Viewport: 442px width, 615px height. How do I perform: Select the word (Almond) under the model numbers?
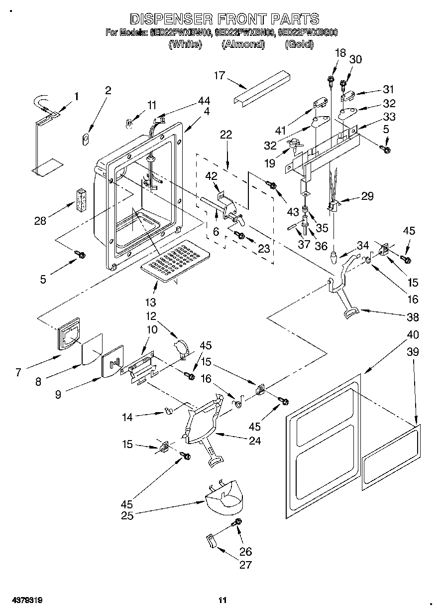point(242,44)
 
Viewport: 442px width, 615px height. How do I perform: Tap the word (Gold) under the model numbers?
point(299,44)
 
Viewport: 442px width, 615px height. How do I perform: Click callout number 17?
point(220,76)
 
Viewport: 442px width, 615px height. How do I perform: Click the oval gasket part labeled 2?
point(86,138)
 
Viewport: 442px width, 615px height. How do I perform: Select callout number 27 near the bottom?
point(245,565)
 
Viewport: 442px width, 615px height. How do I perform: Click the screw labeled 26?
point(237,522)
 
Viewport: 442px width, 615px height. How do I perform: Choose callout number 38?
point(413,317)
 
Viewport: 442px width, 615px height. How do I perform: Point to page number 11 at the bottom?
point(222,601)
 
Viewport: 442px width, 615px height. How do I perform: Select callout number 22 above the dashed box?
point(226,134)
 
